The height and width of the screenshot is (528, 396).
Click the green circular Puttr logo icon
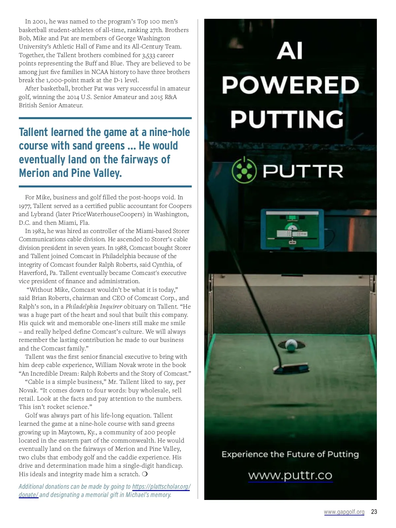(x=244, y=171)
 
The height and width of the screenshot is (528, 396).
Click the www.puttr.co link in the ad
(x=290, y=476)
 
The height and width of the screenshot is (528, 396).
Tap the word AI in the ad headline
(x=290, y=51)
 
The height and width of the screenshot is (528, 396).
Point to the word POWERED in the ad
(x=290, y=85)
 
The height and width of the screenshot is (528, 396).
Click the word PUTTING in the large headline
(x=287, y=119)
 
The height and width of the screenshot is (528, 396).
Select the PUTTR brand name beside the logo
(x=303, y=171)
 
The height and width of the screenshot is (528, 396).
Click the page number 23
(x=374, y=512)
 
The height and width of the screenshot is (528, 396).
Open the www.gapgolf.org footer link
(x=344, y=512)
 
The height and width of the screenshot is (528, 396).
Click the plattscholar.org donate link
(x=161, y=487)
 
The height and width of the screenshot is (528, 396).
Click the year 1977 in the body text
(x=25, y=206)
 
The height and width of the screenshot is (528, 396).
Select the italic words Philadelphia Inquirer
(x=94, y=307)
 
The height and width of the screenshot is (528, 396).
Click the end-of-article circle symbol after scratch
(x=145, y=474)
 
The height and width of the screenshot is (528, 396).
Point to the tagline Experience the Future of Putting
(x=290, y=454)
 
